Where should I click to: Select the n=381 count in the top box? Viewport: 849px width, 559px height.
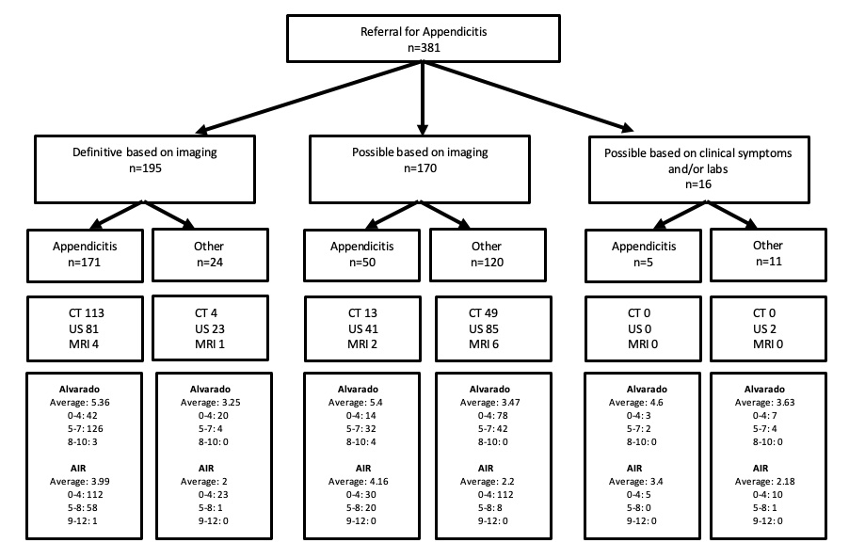[x=424, y=48]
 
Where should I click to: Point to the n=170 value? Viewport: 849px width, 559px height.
[x=420, y=168]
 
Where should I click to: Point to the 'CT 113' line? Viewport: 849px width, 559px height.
[x=86, y=313]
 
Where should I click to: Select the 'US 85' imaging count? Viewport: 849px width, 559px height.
[x=484, y=329]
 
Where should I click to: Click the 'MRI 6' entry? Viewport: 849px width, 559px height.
[x=484, y=344]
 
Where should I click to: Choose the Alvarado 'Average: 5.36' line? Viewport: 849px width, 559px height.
[x=80, y=403]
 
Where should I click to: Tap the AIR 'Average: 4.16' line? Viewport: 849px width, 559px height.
[x=358, y=482]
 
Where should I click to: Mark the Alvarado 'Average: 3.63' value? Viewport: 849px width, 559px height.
[x=764, y=403]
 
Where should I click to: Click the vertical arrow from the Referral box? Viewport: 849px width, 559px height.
[x=423, y=98]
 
